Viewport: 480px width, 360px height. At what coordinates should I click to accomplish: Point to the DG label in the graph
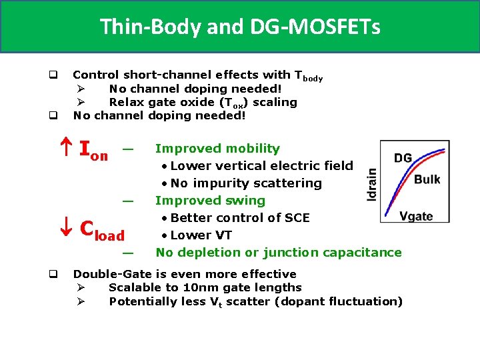(x=403, y=158)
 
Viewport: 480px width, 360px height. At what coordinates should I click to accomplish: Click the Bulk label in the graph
(x=427, y=179)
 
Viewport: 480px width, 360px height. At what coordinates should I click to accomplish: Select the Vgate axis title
(x=416, y=215)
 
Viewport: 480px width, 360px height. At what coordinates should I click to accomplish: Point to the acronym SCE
(x=296, y=218)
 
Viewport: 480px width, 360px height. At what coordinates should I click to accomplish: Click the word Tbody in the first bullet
(x=308, y=76)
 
